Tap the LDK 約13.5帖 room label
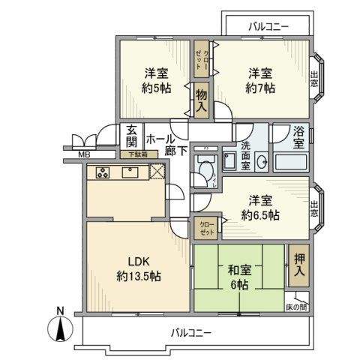coord(138,268)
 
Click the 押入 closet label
coord(298,263)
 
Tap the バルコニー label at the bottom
coord(190,331)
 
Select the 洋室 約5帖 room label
coord(156,81)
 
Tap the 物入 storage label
coord(201,99)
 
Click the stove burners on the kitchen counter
coord(101,173)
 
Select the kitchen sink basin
coord(128,173)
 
